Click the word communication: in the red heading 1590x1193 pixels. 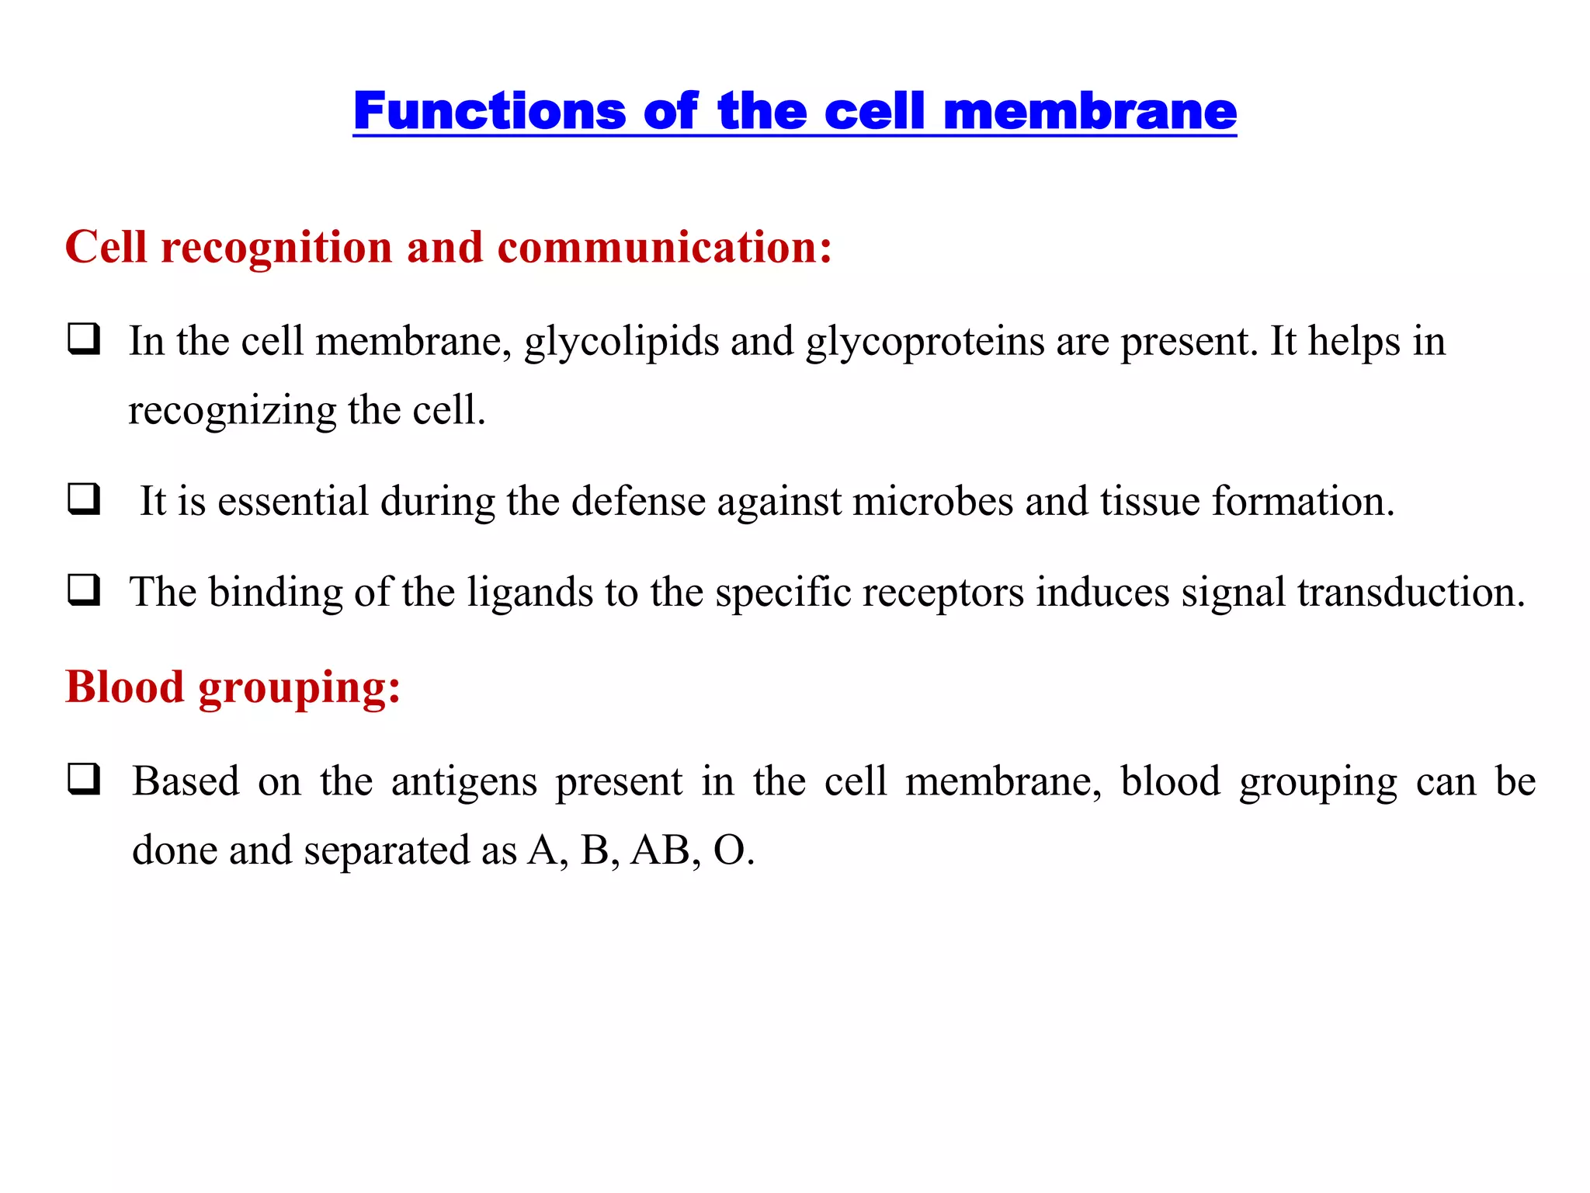tap(665, 248)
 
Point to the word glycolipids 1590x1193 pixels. tap(621, 343)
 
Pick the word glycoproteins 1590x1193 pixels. tap(925, 343)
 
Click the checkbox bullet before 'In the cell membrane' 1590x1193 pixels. tap(84, 339)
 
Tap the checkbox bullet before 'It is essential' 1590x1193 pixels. tap(84, 499)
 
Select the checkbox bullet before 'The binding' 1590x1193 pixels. tap(84, 590)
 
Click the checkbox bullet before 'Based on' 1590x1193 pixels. tap(84, 779)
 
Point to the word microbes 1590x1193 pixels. tap(932, 502)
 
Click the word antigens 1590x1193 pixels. tap(463, 781)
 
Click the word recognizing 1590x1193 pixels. tap(232, 411)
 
